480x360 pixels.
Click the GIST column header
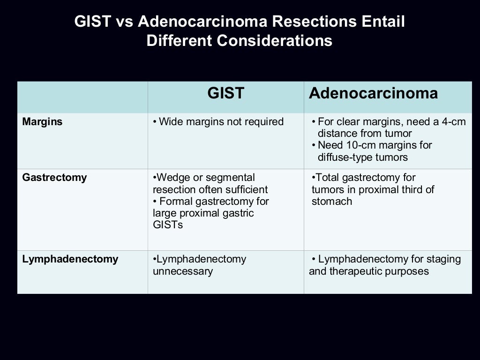pos(225,93)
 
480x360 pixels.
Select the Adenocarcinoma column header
pos(373,93)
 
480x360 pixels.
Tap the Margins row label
pos(42,122)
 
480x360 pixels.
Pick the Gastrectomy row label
pos(54,178)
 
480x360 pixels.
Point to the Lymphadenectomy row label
pos(70,259)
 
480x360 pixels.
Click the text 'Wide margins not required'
pos(221,122)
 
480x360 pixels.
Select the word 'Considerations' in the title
pos(274,41)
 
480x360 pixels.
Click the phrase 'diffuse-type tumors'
pos(363,157)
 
